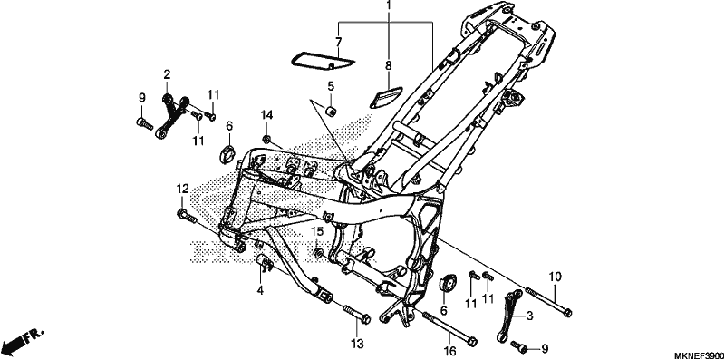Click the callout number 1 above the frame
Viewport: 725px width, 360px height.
coord(389,5)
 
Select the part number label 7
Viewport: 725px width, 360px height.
coord(338,42)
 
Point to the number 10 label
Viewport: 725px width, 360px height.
coord(556,277)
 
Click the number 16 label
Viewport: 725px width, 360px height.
coord(450,350)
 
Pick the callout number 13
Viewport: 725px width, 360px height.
coord(357,344)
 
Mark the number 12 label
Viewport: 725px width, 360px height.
coord(183,189)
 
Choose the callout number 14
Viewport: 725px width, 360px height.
coord(266,115)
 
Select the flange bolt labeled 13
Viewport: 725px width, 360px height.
coord(356,314)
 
